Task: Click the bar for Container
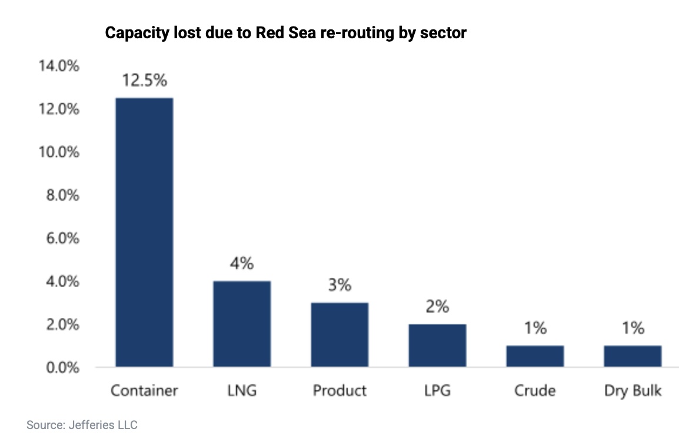click(x=144, y=232)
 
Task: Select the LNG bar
click(x=242, y=324)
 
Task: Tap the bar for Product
click(x=339, y=335)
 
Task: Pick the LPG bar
click(x=437, y=345)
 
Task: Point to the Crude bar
click(x=535, y=356)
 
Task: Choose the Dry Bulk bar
click(x=633, y=356)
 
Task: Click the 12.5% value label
click(x=144, y=81)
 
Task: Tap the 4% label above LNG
click(x=242, y=264)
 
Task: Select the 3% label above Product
click(x=339, y=285)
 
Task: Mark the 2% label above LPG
click(x=437, y=307)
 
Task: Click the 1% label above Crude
click(x=535, y=328)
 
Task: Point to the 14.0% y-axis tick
click(x=58, y=66)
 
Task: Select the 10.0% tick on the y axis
click(x=58, y=152)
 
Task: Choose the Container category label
click(x=144, y=391)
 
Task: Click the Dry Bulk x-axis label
click(x=633, y=391)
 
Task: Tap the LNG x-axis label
click(x=242, y=391)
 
